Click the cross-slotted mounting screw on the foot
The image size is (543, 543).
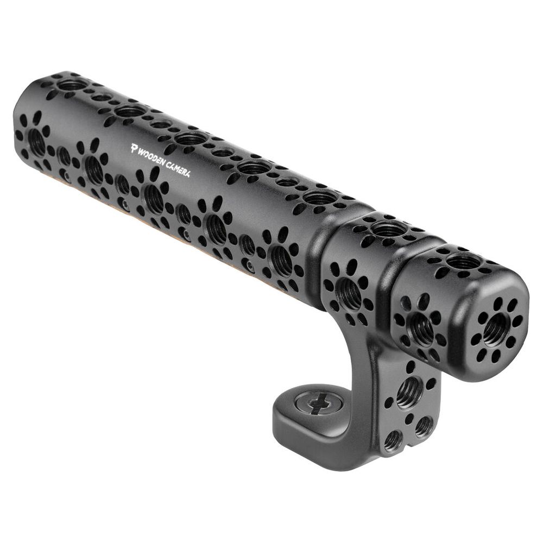pyautogui.click(x=319, y=403)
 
